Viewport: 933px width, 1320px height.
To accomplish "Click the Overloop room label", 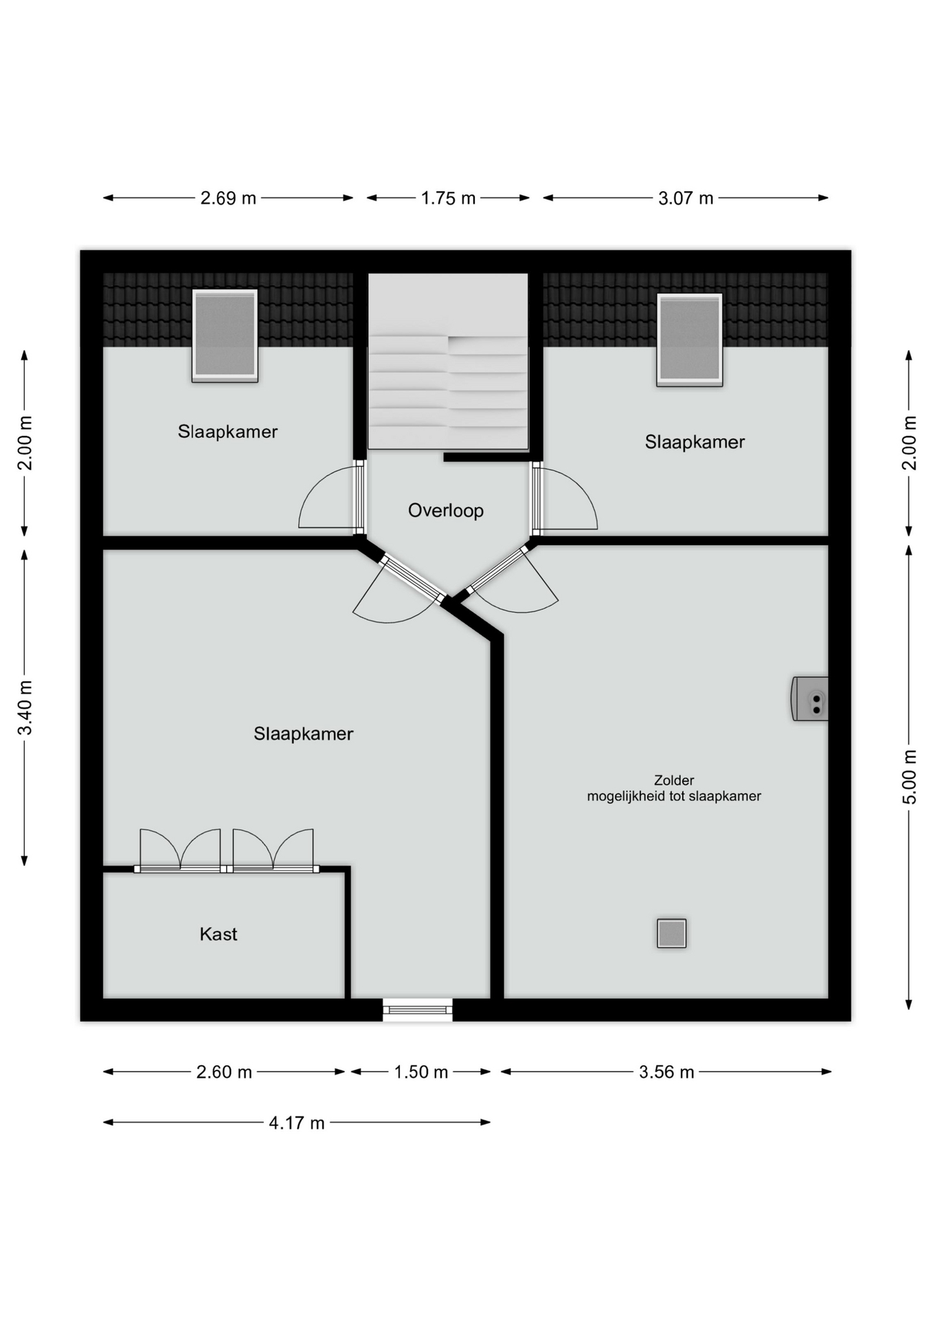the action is (446, 511).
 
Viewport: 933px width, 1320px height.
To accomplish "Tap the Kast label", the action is (218, 934).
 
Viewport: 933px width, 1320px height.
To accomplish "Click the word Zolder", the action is (674, 780).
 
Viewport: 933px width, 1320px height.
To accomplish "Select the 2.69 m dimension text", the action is (228, 199).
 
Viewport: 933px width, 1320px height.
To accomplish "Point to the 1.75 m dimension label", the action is (448, 199).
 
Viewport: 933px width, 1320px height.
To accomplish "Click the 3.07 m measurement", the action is (686, 199).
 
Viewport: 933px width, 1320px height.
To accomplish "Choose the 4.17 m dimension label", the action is (297, 1123).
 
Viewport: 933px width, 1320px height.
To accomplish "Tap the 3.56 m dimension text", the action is (666, 1072).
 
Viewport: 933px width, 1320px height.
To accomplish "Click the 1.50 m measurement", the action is (421, 1072).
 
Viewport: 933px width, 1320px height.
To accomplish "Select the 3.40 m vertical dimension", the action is (25, 707).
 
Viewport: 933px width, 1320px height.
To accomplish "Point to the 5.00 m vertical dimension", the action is (909, 777).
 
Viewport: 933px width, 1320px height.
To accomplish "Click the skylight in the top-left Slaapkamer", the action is (225, 335).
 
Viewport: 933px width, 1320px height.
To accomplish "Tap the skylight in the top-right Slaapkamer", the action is (690, 340).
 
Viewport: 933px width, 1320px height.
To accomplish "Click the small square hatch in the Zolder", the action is (672, 934).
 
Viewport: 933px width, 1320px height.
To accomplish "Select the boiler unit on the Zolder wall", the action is (810, 699).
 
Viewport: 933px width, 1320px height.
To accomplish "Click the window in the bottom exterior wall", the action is (418, 1010).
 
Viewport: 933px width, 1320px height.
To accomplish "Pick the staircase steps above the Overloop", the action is (448, 392).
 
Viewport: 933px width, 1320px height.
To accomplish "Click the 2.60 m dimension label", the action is (224, 1072).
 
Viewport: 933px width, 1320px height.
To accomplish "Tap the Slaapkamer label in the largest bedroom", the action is (304, 734).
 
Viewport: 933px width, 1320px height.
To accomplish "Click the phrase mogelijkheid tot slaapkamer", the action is (674, 797).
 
